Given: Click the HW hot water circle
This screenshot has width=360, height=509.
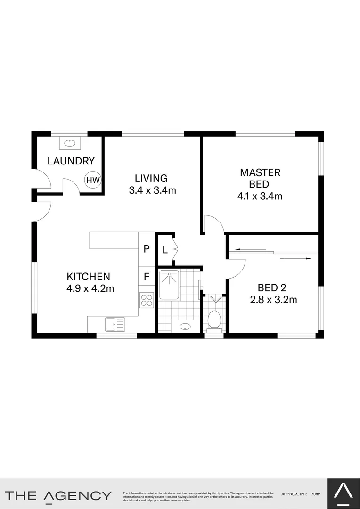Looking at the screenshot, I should (x=93, y=180).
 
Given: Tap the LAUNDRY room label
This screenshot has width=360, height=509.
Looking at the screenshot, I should (x=71, y=161).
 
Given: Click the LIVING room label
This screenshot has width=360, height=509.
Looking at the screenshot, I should (x=151, y=179).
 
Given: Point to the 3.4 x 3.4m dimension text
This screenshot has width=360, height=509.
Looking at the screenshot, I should (x=152, y=191).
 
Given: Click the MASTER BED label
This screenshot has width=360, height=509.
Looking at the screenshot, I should (x=260, y=179).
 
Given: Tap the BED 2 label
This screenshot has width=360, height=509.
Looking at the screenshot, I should (x=272, y=287).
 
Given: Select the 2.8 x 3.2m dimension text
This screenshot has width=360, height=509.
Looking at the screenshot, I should (x=273, y=300).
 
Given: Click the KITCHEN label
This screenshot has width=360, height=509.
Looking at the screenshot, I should (x=88, y=277).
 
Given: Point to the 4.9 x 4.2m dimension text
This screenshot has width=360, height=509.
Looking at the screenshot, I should (x=90, y=288).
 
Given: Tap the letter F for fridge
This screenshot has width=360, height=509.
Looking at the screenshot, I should (x=147, y=277).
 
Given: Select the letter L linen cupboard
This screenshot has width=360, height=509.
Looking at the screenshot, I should (x=165, y=250).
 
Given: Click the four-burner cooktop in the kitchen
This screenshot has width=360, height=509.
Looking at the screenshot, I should (x=147, y=299).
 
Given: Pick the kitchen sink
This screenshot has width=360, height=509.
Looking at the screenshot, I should (x=115, y=324).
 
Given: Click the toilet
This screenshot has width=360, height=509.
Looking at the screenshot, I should (x=214, y=320).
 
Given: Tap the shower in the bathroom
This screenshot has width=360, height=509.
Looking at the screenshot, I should (x=169, y=285).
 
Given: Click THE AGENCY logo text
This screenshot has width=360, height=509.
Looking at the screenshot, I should (x=58, y=495).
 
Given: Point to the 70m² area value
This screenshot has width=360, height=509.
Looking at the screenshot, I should (x=316, y=494).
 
